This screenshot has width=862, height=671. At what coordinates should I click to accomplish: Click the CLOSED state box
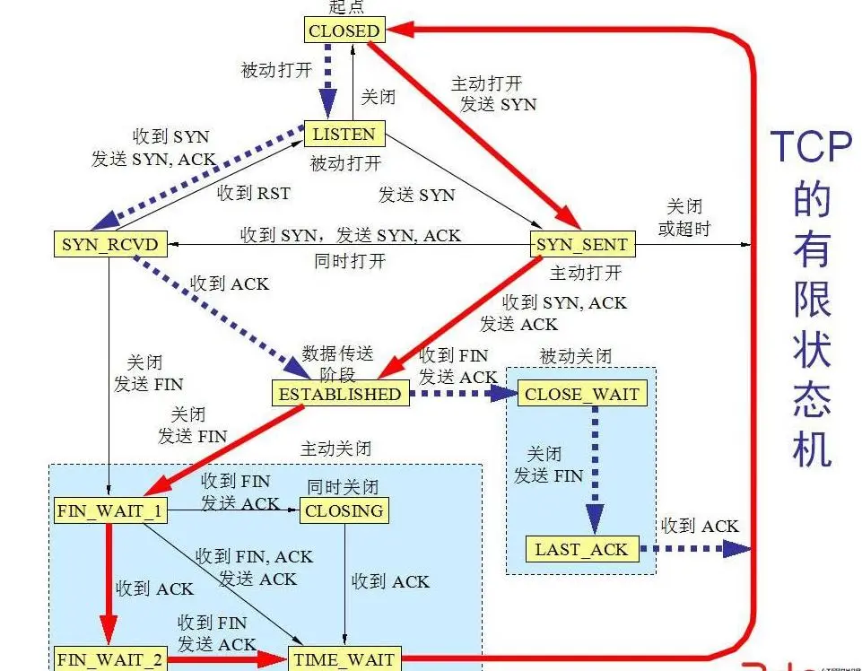point(344,30)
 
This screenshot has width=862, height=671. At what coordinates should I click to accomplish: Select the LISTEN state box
point(344,135)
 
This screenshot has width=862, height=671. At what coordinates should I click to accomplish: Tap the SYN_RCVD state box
point(109,244)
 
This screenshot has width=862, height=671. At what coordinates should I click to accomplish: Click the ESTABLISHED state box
point(339,393)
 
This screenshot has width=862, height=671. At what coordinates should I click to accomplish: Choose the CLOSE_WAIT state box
point(582,394)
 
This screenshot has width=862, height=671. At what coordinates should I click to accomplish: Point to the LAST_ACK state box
point(582,549)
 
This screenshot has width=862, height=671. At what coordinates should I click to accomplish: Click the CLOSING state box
point(344,511)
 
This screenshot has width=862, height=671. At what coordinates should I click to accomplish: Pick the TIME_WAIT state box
point(344,659)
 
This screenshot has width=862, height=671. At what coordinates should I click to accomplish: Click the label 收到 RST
point(254,193)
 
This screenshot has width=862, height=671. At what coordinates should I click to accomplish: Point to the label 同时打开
point(352,261)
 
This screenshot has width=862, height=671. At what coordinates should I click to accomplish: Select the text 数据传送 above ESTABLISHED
point(337,353)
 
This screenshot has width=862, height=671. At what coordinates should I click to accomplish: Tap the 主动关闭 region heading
point(335,448)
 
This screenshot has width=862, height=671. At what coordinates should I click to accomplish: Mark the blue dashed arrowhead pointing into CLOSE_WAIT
point(504,393)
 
